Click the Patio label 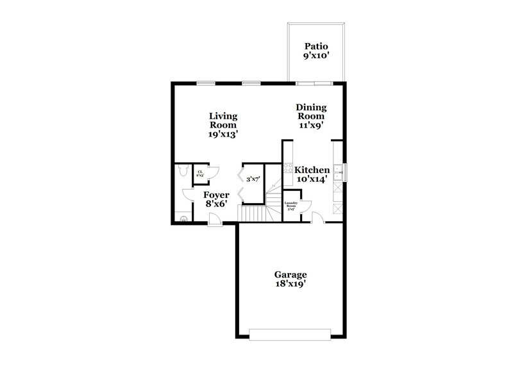coord(316,46)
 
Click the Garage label coord(292,275)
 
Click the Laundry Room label coord(290,204)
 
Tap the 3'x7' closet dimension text coord(253,179)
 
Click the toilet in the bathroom coord(182,171)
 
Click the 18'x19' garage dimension coord(292,285)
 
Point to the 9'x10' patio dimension coord(316,56)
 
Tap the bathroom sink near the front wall coord(184,219)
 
